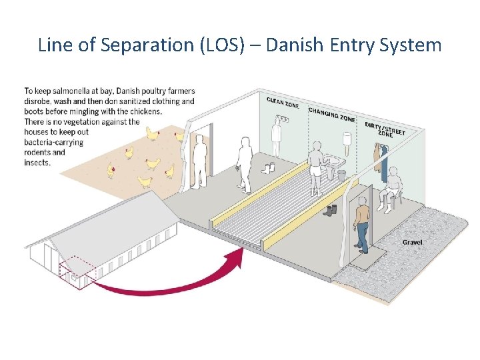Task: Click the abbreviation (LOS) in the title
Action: (233, 45)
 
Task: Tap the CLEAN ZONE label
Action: (283, 103)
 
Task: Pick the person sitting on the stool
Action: (392, 186)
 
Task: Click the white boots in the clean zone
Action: (270, 169)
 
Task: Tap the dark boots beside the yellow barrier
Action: (329, 210)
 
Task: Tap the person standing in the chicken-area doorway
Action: (199, 162)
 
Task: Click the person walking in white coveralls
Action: (243, 163)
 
